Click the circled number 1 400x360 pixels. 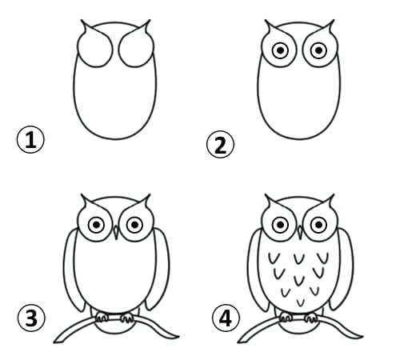[30, 139]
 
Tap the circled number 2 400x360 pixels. [220, 144]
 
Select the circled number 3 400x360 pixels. [31, 318]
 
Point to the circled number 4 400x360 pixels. [226, 318]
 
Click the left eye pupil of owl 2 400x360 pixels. [280, 50]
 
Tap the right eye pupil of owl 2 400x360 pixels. [319, 50]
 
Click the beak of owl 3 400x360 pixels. [116, 233]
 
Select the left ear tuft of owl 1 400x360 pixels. [86, 26]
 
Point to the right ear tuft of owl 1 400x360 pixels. [145, 26]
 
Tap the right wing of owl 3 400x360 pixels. [159, 269]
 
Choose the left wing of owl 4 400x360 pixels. [257, 270]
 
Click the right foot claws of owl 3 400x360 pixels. [127, 318]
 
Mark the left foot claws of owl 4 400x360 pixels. [286, 317]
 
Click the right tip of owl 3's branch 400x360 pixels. [178, 337]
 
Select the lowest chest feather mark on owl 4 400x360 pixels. [301, 302]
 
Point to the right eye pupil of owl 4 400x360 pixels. [319, 225]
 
